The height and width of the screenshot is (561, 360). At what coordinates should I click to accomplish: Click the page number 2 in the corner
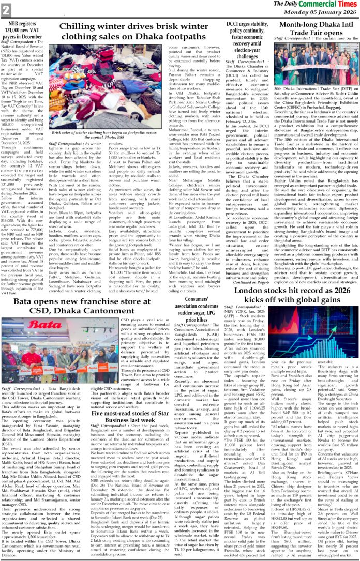point(6,9)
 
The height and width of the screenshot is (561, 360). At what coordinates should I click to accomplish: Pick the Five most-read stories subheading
point(164,429)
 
